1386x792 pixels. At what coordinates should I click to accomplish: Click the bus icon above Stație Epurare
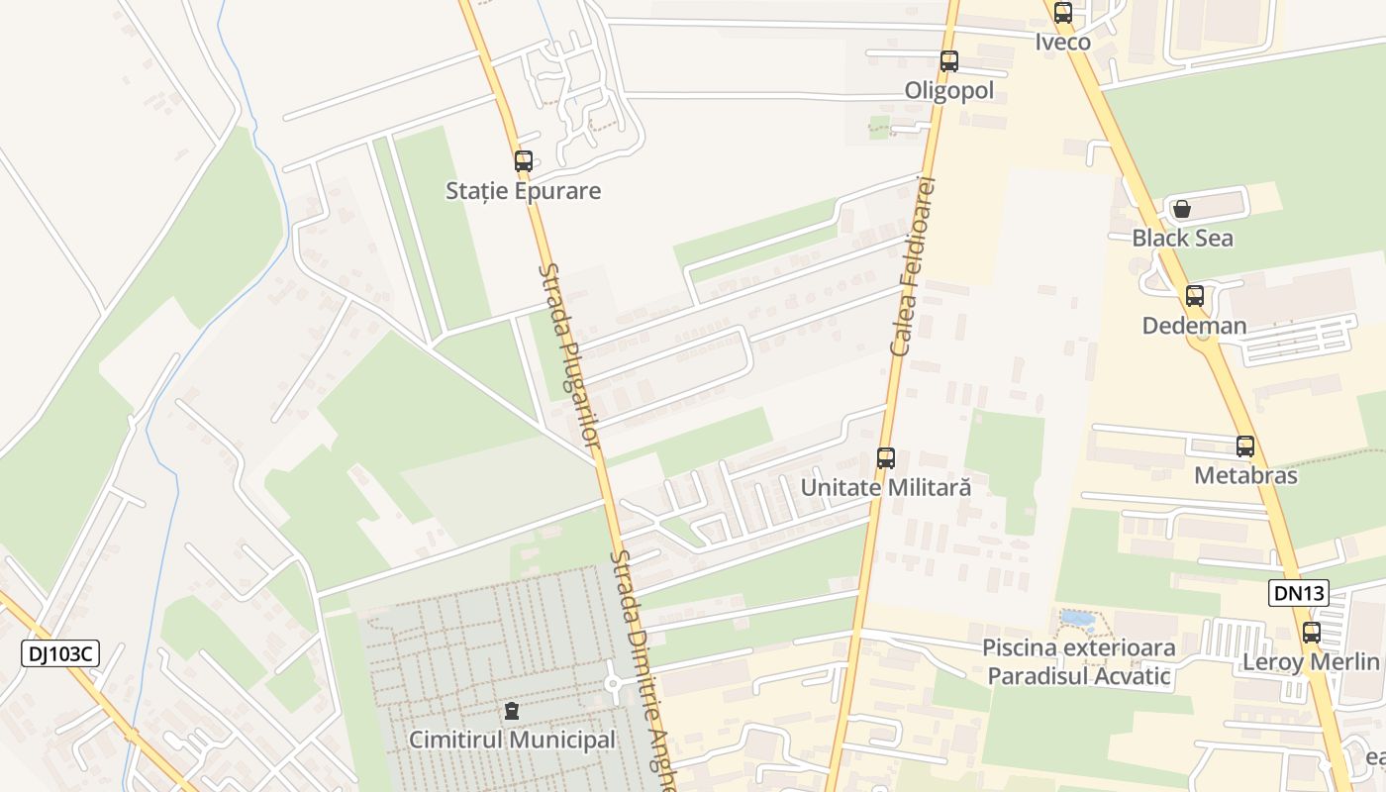point(524,160)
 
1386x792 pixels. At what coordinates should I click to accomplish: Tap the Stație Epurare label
point(523,191)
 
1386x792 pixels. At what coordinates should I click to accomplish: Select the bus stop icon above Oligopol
point(949,61)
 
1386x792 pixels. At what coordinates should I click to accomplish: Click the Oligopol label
point(949,91)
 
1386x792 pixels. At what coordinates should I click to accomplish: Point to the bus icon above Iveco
point(1063,13)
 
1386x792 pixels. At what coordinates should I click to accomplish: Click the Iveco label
point(1063,42)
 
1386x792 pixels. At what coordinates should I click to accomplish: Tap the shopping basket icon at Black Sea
point(1182,209)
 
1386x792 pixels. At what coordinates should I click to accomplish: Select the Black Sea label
point(1183,239)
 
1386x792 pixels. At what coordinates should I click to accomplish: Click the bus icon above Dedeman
point(1195,296)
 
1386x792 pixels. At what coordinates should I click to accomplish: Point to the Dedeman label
point(1194,326)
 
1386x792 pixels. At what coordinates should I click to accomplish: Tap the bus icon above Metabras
point(1245,446)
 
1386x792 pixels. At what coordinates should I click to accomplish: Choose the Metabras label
point(1245,475)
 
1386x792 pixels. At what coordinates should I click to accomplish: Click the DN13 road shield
point(1298,593)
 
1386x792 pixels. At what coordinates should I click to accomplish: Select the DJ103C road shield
point(60,653)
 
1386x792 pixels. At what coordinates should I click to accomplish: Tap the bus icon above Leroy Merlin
point(1312,633)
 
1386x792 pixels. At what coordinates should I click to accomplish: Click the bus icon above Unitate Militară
point(886,458)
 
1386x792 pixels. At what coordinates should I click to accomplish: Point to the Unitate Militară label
point(886,488)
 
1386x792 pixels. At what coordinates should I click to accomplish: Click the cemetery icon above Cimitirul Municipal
point(512,711)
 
